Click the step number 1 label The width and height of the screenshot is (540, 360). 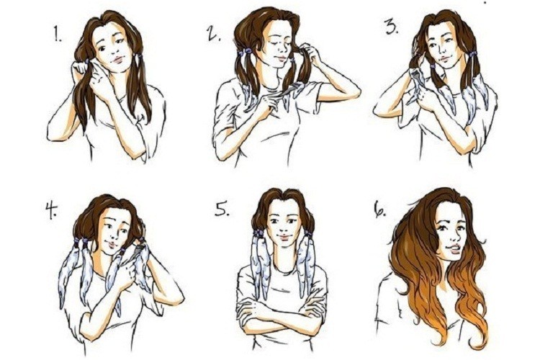[58, 35]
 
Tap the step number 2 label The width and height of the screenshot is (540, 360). [214, 33]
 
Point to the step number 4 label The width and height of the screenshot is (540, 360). [51, 211]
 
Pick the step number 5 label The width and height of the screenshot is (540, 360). [222, 208]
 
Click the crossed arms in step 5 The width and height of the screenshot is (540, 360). [282, 312]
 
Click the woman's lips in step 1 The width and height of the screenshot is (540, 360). [117, 60]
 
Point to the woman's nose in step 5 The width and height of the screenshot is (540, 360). [284, 228]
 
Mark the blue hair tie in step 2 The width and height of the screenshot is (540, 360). [246, 52]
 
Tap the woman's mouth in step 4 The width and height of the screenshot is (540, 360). [113, 245]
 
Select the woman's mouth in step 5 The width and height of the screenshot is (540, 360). [284, 238]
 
